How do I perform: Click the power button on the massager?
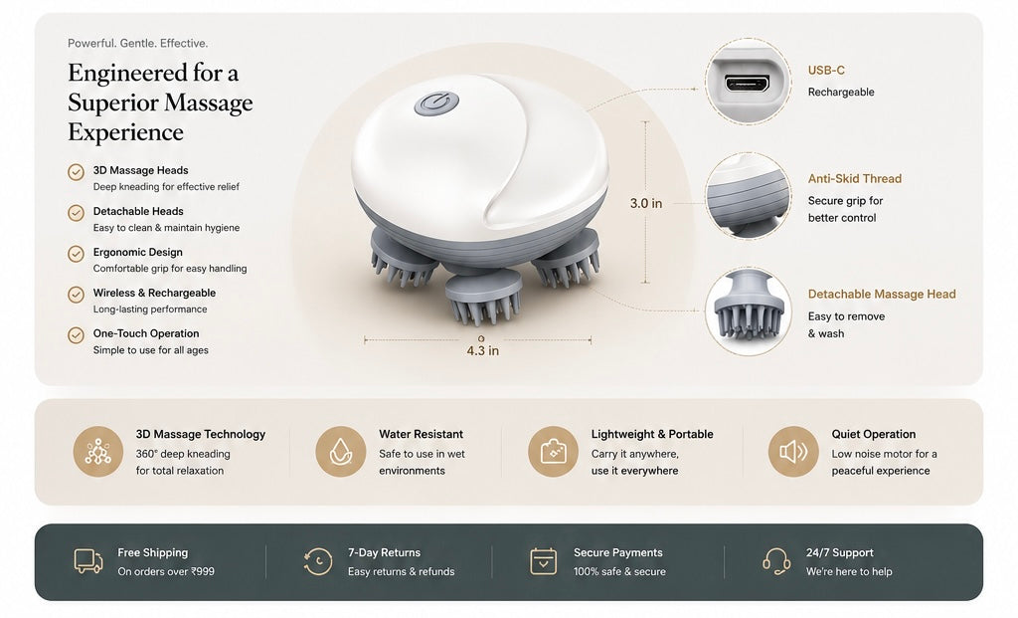pos(437,103)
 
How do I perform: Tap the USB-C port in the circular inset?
pos(747,84)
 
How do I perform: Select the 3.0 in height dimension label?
pos(646,203)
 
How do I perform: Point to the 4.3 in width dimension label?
pos(482,351)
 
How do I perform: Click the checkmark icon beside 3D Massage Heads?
pos(76,172)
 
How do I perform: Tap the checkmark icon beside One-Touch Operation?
pos(76,335)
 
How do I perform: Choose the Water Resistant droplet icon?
pos(340,451)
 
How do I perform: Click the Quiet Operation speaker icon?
pos(792,451)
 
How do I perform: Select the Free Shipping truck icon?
pos(88,561)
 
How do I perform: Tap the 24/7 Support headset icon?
pos(776,561)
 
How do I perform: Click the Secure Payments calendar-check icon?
pos(544,561)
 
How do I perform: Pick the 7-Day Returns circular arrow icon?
pos(318,561)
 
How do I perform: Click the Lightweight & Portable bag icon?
pos(553,451)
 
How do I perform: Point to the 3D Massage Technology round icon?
pos(98,451)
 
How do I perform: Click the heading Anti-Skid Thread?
pos(854,179)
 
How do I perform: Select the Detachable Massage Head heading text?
pos(882,295)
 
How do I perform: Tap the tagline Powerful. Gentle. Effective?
pos(137,44)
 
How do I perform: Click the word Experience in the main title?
pos(126,132)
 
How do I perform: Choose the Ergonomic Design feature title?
pos(137,252)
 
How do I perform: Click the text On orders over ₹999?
pos(166,572)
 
